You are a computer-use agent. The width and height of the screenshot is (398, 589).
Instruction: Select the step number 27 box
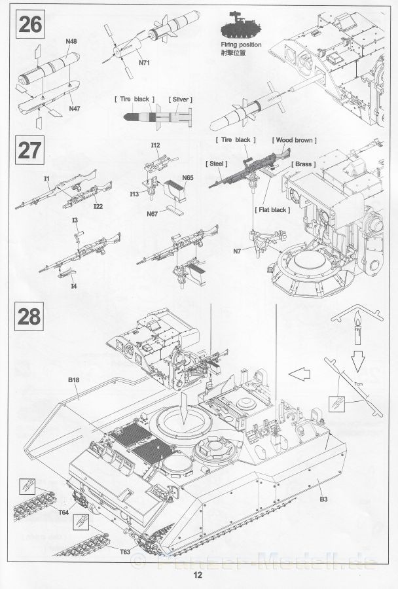tap(30, 151)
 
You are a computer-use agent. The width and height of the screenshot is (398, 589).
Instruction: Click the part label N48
tap(71, 41)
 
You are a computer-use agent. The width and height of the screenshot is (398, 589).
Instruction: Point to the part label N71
tap(144, 63)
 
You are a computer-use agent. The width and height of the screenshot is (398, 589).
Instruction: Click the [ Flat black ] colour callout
tap(272, 209)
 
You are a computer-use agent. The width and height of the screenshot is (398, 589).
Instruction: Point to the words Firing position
tap(240, 45)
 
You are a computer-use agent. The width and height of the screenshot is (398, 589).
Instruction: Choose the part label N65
tap(188, 177)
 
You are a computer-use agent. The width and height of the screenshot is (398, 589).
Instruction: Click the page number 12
tap(198, 576)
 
